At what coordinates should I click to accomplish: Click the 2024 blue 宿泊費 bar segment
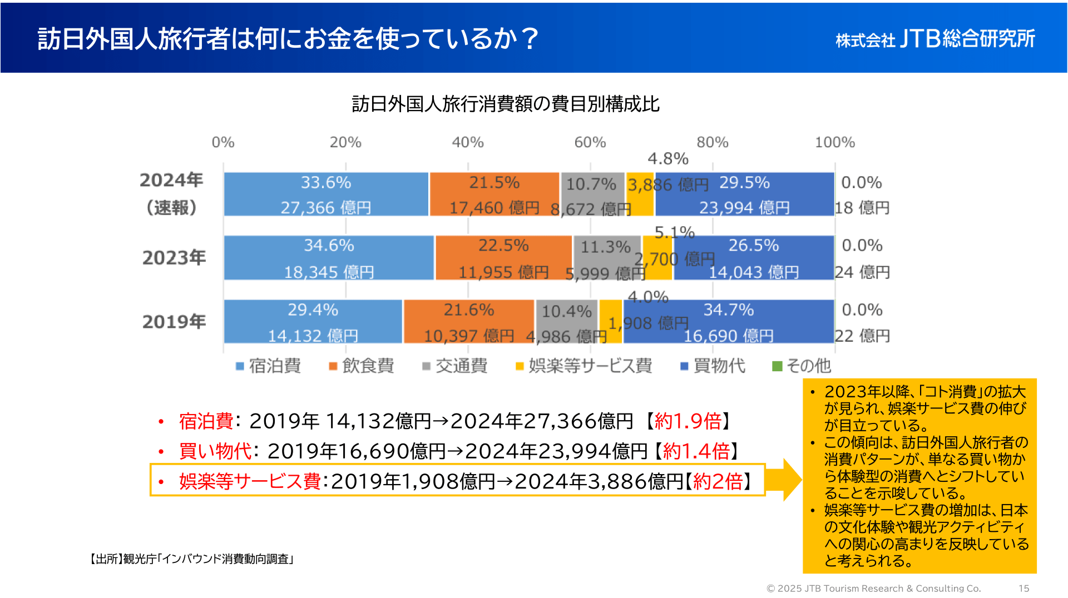pyautogui.click(x=326, y=194)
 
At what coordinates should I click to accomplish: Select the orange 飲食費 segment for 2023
pyautogui.click(x=503, y=258)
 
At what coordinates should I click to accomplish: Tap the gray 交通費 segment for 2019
pyautogui.click(x=566, y=322)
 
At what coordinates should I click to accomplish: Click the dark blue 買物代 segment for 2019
pyautogui.click(x=729, y=322)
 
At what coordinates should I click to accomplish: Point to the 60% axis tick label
pyautogui.click(x=590, y=142)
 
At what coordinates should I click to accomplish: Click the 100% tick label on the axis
pyautogui.click(x=834, y=142)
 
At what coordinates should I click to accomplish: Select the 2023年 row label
pyautogui.click(x=174, y=258)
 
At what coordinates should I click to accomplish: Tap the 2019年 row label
pyautogui.click(x=174, y=322)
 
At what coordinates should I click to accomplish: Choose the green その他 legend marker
pyautogui.click(x=778, y=366)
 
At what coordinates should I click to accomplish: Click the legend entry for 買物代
pyautogui.click(x=713, y=366)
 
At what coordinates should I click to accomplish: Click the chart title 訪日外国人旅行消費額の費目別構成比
pyautogui.click(x=505, y=104)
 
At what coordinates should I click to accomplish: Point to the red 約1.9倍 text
pyautogui.click(x=688, y=421)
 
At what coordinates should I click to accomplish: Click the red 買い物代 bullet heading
pyautogui.click(x=215, y=451)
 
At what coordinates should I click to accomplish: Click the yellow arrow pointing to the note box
pyautogui.click(x=789, y=480)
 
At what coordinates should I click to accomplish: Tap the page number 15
pyautogui.click(x=1023, y=588)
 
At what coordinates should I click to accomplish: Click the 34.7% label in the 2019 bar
pyautogui.click(x=729, y=310)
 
